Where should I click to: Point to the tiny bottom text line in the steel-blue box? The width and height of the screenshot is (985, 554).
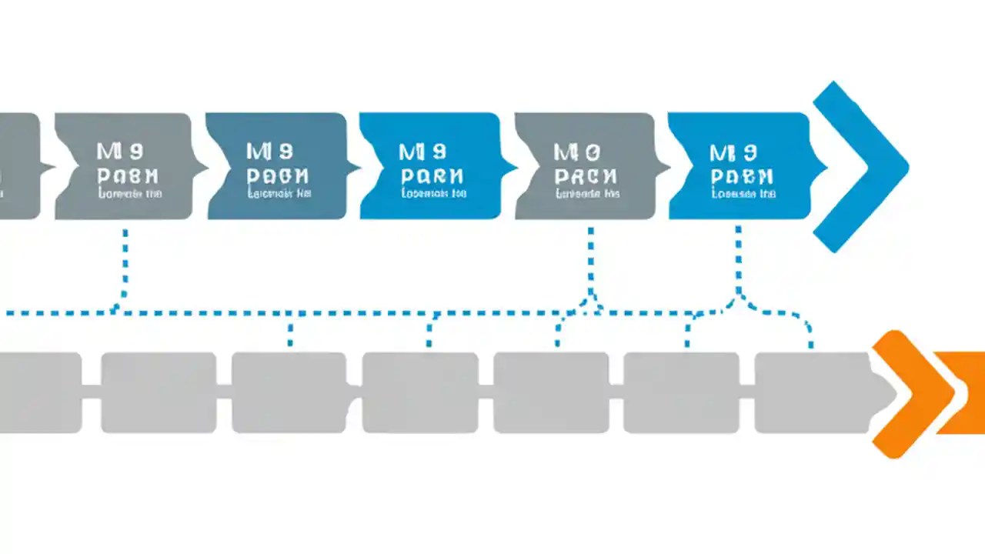(x=279, y=195)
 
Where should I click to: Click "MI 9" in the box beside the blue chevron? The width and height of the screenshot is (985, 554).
(x=733, y=152)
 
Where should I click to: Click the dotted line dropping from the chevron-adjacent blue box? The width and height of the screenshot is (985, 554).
(x=738, y=262)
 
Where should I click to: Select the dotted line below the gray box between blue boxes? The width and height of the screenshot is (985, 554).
(x=590, y=262)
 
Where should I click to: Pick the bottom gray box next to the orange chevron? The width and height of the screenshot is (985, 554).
(x=812, y=392)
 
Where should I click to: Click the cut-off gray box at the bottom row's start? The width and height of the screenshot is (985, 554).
(x=38, y=392)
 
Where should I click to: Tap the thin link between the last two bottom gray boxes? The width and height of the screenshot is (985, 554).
(x=746, y=392)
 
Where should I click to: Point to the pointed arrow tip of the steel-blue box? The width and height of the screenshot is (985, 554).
(x=355, y=166)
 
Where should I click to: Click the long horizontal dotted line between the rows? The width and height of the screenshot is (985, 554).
(x=346, y=314)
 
